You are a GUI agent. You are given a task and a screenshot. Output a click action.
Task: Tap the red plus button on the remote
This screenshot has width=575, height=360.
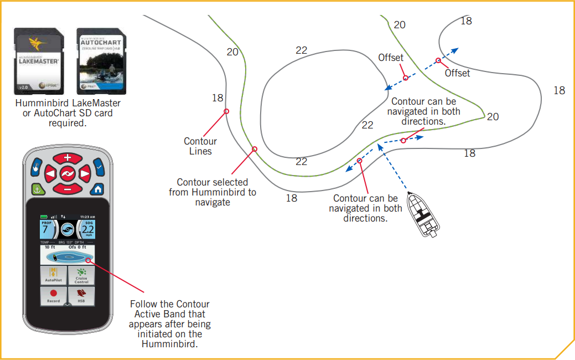[67, 158]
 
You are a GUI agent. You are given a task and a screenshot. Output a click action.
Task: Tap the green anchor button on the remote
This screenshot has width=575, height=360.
[38, 189]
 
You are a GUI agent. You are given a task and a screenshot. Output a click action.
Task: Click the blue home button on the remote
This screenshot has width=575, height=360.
[97, 189]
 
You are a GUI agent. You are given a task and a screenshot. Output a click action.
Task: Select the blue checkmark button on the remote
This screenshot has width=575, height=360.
[99, 165]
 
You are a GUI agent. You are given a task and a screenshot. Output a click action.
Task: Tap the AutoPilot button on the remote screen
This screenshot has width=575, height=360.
[53, 275]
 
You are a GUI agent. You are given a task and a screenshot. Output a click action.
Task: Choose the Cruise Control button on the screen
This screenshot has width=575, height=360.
[81, 275]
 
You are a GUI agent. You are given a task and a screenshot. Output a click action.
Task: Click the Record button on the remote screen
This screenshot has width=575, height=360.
[53, 296]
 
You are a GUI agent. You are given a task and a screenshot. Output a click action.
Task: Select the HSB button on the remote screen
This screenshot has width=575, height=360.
[81, 296]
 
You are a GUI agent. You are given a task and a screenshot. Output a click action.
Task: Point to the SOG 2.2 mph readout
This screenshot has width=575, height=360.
[87, 229]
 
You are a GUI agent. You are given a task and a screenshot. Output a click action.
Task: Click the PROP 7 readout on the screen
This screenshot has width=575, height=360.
[48, 229]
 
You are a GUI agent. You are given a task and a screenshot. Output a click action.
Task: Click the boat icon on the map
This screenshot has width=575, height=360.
[423, 215]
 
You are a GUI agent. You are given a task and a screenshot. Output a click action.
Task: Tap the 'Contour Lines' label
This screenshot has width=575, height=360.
[200, 146]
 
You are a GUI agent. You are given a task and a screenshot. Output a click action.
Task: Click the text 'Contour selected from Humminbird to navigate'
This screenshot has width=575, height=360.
[213, 192]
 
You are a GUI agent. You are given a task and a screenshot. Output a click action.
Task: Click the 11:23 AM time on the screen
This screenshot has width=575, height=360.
[86, 216]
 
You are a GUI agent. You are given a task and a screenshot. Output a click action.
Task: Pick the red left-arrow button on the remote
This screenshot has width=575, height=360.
[50, 174]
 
